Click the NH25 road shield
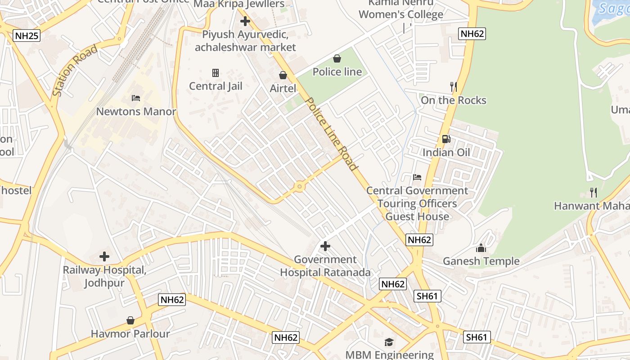coord(27,36)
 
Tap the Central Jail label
coord(216,86)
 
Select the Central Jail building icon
coord(216,72)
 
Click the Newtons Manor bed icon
coord(136,98)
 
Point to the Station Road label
coord(75,71)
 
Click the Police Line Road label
coord(332,134)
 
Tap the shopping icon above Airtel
coord(283,75)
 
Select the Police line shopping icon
coord(337,58)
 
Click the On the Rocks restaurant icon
coord(454,86)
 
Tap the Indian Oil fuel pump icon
coord(446,139)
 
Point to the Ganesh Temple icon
coord(481,248)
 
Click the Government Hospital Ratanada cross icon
coord(325,246)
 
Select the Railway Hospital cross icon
coord(104,257)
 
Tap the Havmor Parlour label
coord(130,334)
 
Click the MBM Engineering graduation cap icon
coord(389,342)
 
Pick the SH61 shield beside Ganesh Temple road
coord(427,296)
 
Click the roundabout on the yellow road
coord(299,186)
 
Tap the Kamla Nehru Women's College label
coord(401,9)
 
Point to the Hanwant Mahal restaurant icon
coord(594,193)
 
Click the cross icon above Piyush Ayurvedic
coord(245,21)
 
